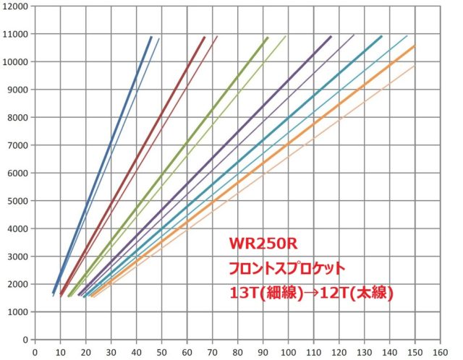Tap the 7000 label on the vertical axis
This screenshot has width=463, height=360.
(18, 145)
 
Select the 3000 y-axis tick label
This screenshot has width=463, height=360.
(18, 256)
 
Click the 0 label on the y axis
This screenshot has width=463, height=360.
(26, 339)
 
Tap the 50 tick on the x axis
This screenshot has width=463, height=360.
(161, 351)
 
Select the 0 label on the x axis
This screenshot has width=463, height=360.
(35, 351)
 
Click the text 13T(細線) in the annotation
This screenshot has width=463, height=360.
(265, 293)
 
